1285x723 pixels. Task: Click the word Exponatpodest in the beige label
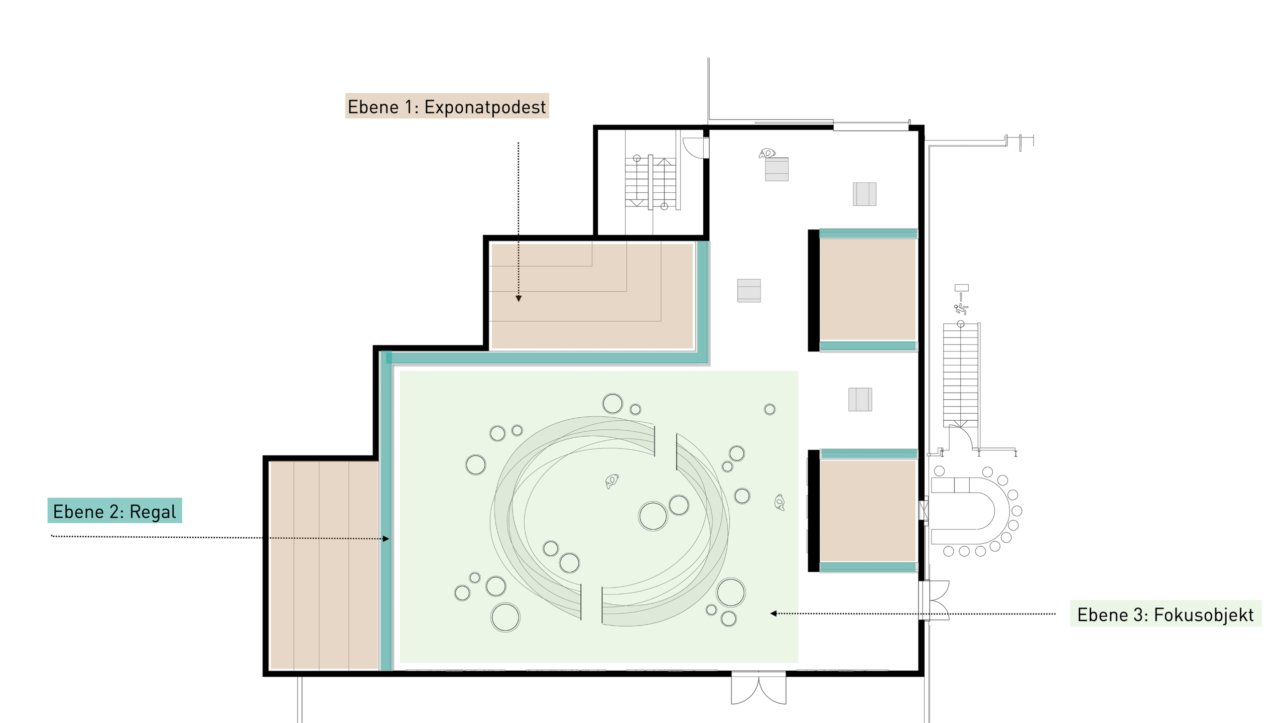click(485, 107)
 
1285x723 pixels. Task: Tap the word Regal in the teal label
click(153, 512)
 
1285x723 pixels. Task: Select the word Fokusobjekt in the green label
click(1203, 615)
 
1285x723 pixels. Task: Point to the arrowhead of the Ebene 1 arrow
click(519, 298)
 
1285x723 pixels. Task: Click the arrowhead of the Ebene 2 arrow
click(385, 539)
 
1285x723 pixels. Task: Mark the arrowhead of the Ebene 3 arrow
click(774, 613)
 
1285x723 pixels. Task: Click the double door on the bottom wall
click(758, 688)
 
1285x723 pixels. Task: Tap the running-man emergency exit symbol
click(961, 309)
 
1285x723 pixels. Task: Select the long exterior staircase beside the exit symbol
click(961, 375)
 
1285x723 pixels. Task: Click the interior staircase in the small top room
click(651, 182)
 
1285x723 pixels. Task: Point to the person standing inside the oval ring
click(611, 481)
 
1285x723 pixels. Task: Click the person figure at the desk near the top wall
click(767, 153)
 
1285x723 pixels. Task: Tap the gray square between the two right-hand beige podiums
click(860, 400)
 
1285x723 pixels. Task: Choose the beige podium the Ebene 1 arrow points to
click(592, 295)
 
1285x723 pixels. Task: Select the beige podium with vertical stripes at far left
click(324, 565)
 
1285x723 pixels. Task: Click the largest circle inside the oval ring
click(653, 516)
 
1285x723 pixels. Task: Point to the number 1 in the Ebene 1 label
click(408, 107)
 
